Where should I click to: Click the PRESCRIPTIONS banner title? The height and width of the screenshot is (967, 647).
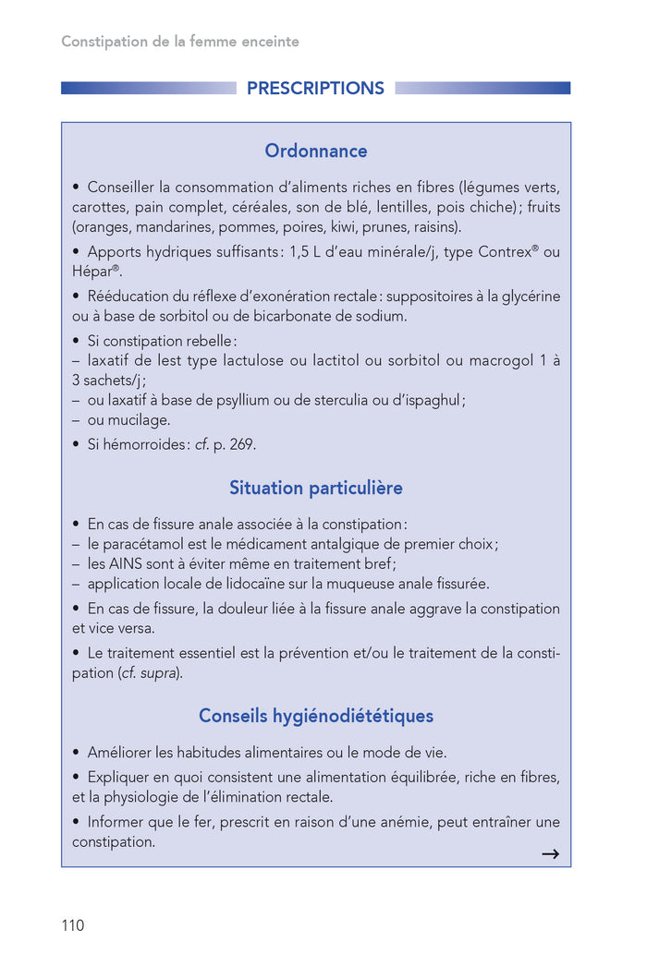(x=315, y=89)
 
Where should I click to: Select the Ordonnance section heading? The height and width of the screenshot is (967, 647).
(x=315, y=151)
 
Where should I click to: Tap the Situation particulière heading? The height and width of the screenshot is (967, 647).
(x=315, y=488)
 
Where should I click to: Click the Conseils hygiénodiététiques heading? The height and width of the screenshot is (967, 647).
(x=315, y=716)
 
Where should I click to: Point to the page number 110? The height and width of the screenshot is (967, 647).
(x=72, y=925)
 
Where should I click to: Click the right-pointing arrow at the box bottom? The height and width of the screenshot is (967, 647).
(x=550, y=854)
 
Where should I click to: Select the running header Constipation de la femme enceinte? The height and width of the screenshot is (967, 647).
(x=180, y=42)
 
